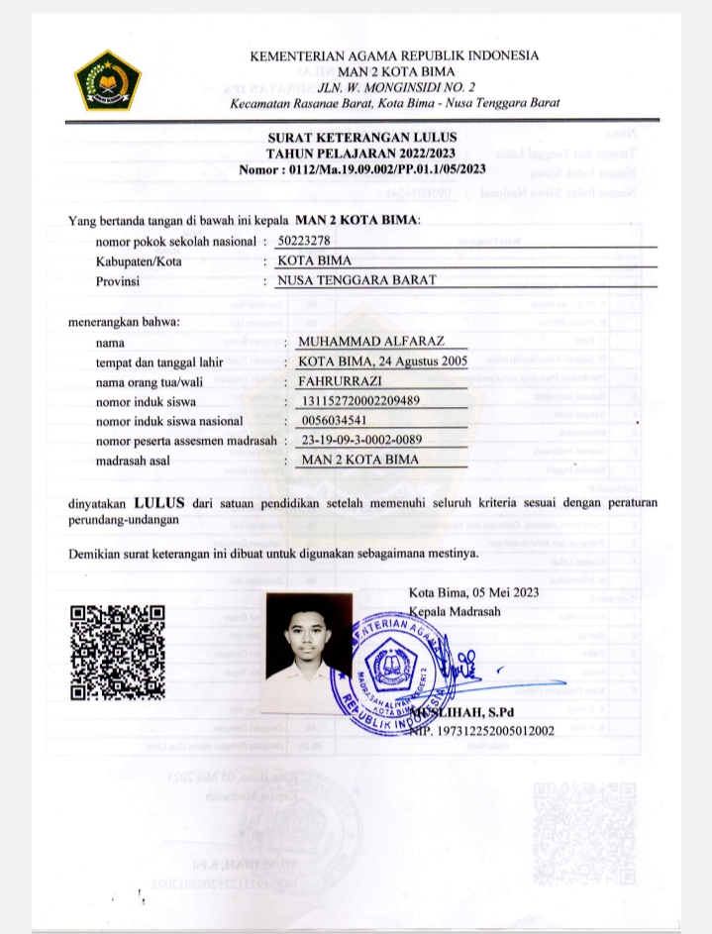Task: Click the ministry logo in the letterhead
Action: pyautogui.click(x=109, y=80)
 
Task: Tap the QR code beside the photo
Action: pyautogui.click(x=117, y=653)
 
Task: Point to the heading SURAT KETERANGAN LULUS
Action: pyautogui.click(x=362, y=139)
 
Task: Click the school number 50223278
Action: pyautogui.click(x=304, y=241)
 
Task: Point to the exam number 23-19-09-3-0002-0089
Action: pyautogui.click(x=361, y=440)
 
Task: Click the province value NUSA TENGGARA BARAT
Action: pyautogui.click(x=356, y=280)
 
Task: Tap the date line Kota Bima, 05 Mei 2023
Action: pyautogui.click(x=473, y=593)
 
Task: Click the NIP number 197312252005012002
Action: pyautogui.click(x=481, y=731)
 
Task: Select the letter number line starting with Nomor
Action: pyautogui.click(x=362, y=169)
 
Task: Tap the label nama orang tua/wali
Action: pyautogui.click(x=159, y=381)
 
